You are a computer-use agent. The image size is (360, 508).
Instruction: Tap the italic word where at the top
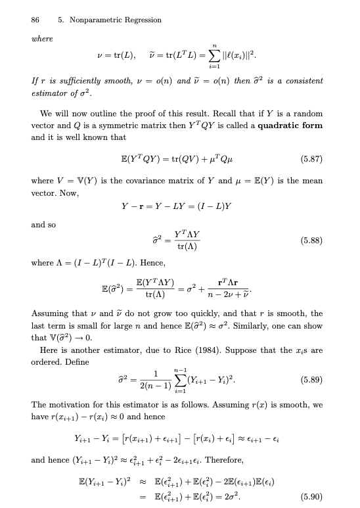41,39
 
